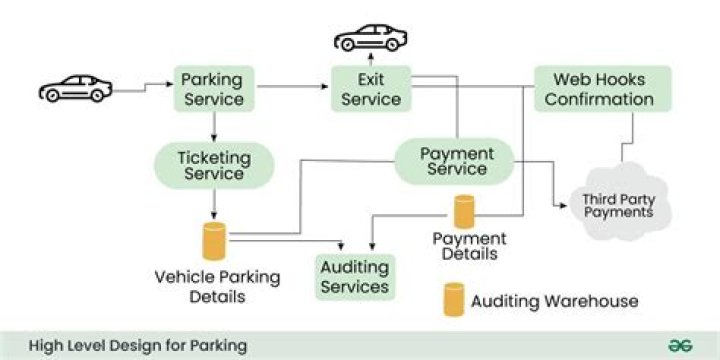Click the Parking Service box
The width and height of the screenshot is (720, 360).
tap(212, 88)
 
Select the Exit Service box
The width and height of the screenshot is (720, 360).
tap(371, 88)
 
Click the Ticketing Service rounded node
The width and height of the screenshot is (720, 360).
tap(212, 165)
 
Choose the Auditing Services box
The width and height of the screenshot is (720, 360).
tap(354, 277)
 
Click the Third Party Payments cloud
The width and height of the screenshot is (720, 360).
tap(618, 205)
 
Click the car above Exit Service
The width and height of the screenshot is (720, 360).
tap(370, 38)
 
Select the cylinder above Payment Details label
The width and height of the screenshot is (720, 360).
tap(464, 212)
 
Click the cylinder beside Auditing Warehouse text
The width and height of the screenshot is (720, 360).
tap(454, 299)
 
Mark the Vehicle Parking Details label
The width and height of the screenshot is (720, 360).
tap(217, 286)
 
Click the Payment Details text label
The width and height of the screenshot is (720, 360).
tap(469, 246)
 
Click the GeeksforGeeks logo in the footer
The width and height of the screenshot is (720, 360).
tap(682, 345)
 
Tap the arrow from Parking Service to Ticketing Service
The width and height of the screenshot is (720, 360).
tap(212, 126)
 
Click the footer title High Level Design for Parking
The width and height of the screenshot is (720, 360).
tap(137, 346)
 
